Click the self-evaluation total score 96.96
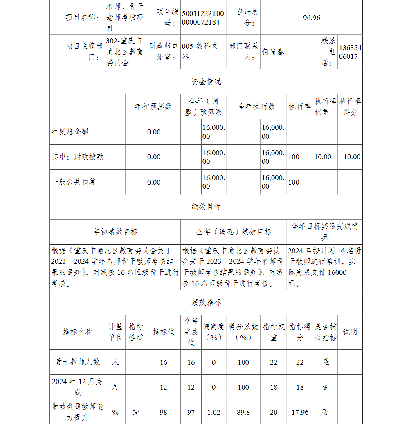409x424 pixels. [x=311, y=18]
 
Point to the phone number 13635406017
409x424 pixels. [x=350, y=52]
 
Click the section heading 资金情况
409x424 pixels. [x=206, y=82]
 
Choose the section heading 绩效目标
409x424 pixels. [x=206, y=207]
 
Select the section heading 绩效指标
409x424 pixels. [x=206, y=302]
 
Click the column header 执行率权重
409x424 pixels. [x=325, y=107]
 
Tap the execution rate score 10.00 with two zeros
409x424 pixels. [x=352, y=157]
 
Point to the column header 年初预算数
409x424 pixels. [x=153, y=107]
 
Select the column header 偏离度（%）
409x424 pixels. [x=213, y=332]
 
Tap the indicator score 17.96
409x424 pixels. [x=300, y=412]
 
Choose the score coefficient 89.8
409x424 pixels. [x=243, y=412]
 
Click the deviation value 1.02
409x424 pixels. [x=213, y=412]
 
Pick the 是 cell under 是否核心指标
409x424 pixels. [x=325, y=362]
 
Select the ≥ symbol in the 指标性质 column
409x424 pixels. [x=136, y=412]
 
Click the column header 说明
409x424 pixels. [x=350, y=332]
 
